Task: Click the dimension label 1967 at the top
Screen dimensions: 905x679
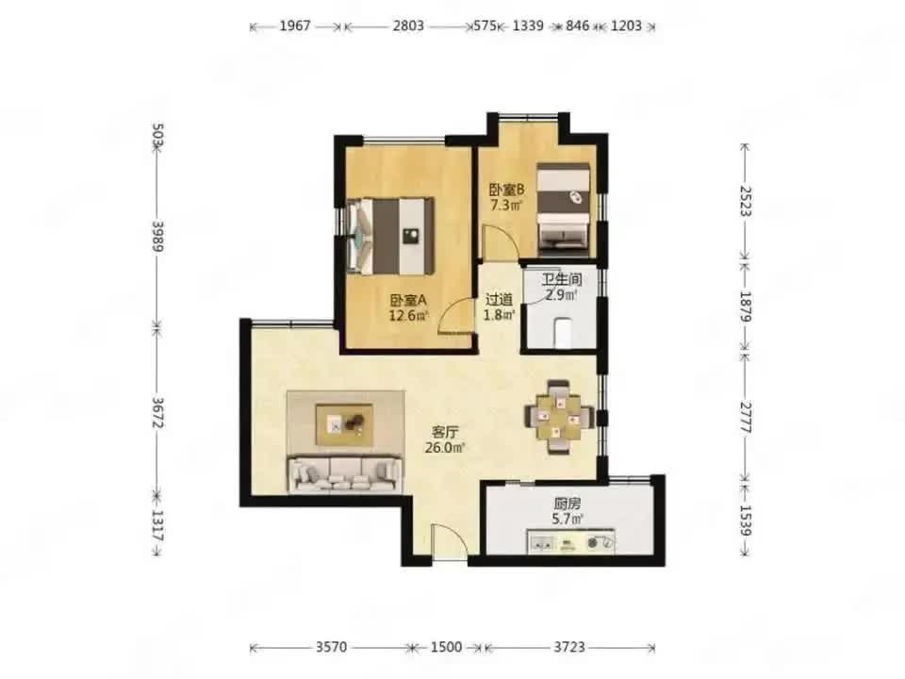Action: click(295, 26)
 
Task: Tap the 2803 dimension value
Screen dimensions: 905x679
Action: click(408, 26)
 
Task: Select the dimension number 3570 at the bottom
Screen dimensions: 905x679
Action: click(331, 647)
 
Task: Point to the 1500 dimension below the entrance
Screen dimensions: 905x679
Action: click(446, 647)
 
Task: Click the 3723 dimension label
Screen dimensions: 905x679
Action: click(569, 647)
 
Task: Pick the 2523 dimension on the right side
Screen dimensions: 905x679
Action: click(745, 200)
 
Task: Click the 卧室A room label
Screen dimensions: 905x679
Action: click(408, 300)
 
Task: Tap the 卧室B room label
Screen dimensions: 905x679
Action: click(507, 190)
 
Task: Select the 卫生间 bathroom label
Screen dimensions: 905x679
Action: click(562, 280)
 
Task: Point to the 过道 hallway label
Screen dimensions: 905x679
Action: click(499, 300)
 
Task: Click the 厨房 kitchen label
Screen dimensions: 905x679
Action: click(567, 504)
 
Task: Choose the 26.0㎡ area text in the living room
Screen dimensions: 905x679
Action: click(445, 447)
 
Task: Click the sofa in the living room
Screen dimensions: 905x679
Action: click(345, 474)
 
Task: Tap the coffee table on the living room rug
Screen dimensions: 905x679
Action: click(344, 424)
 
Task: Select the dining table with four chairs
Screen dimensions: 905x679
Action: click(559, 417)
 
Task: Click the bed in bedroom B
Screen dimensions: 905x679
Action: click(564, 209)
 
